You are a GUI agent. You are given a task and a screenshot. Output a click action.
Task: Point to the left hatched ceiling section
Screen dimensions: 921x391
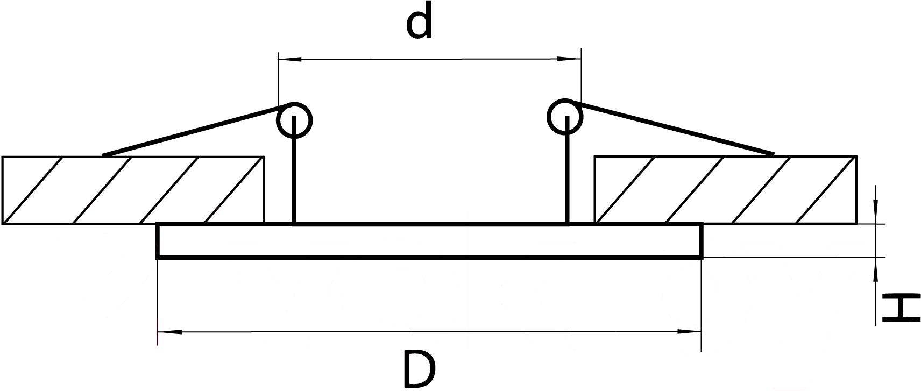(x=133, y=190)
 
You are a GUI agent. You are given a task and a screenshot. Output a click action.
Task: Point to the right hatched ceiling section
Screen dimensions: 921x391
(x=726, y=190)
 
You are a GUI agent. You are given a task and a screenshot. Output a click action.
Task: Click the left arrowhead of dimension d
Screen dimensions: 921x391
(x=289, y=60)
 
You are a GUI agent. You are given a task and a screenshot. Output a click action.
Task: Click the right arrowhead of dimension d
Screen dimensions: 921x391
(x=569, y=60)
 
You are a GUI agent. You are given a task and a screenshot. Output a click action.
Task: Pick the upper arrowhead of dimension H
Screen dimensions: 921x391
(x=876, y=212)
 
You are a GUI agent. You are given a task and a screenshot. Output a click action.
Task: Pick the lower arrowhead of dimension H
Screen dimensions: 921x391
(x=876, y=269)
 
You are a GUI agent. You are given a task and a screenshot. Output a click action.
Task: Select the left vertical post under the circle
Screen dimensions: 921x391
(x=294, y=170)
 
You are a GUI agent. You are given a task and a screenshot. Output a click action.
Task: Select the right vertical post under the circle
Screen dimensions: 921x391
(x=568, y=170)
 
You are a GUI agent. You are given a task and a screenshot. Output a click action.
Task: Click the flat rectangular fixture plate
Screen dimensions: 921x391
(x=430, y=241)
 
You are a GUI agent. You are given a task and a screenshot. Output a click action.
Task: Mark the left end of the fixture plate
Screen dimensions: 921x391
(x=158, y=241)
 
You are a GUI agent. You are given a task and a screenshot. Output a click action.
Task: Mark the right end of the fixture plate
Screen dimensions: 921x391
(x=702, y=241)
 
